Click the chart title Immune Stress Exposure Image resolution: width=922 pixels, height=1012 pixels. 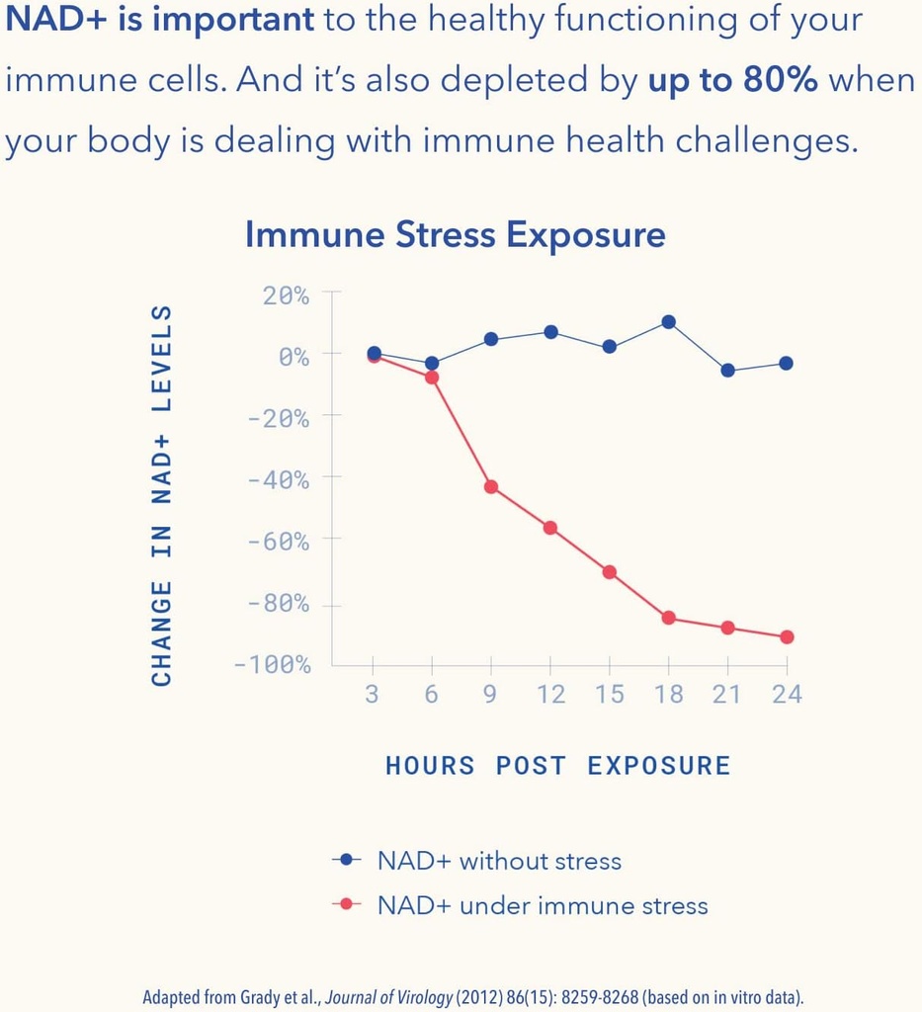pos(455,235)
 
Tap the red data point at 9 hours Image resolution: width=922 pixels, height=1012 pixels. pos(491,487)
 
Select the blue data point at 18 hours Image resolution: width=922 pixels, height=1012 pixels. pos(668,322)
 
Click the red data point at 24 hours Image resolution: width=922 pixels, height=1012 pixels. pos(787,637)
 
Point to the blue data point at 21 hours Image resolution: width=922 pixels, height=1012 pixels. pos(727,371)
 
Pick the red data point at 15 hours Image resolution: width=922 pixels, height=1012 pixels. pos(610,572)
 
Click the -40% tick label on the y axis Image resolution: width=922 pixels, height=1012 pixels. pos(279,480)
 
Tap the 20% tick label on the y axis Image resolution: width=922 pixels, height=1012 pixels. pos(287,295)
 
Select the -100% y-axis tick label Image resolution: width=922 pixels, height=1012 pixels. pos(273,665)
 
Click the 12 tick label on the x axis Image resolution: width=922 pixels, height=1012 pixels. pos(550,695)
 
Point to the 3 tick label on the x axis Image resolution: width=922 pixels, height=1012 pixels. pos(373,695)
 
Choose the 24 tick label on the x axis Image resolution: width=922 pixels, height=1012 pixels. pos(787,695)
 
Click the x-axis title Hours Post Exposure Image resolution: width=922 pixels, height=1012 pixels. pos(558,766)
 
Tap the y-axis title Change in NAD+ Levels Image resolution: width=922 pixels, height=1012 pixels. pos(162,495)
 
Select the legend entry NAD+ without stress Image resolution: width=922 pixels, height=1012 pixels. pos(499,861)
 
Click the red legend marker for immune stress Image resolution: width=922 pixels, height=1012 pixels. pos(346,904)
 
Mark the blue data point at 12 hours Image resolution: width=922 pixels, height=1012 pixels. pos(550,332)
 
